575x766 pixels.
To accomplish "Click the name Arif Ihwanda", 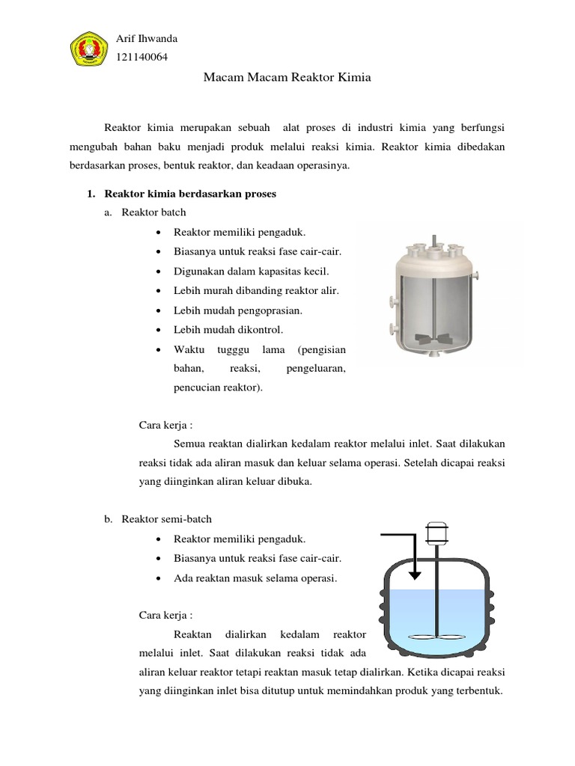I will click(147, 39).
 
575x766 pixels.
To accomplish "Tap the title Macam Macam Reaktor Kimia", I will click(287, 77).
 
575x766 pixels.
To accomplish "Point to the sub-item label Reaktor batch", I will click(153, 212).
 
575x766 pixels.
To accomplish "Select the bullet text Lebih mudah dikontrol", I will click(228, 329).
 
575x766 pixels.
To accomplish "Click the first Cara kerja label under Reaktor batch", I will click(166, 426).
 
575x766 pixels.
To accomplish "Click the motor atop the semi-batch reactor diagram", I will click(436, 531).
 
